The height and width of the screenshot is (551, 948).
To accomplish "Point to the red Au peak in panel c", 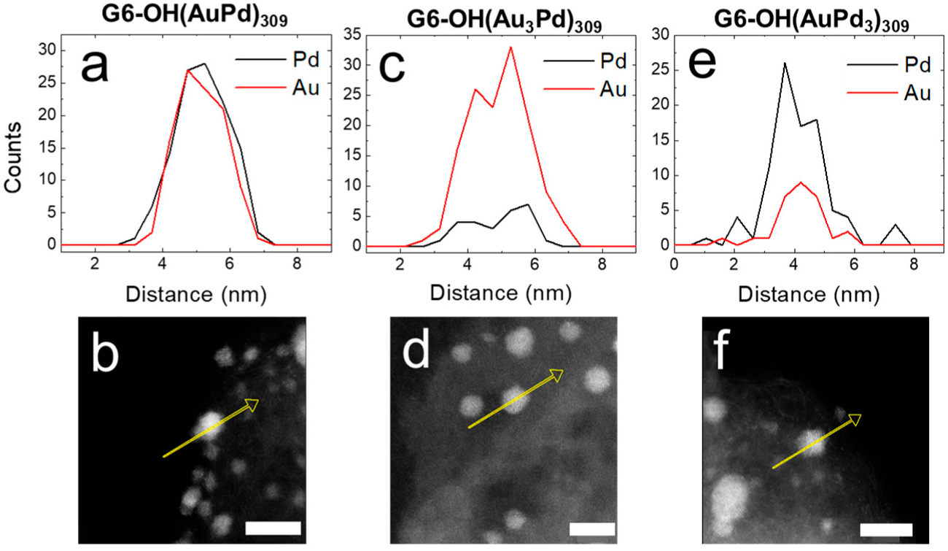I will tap(510, 48).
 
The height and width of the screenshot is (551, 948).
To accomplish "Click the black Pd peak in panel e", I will tap(785, 63).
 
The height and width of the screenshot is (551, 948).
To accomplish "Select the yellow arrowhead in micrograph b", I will tap(252, 403).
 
